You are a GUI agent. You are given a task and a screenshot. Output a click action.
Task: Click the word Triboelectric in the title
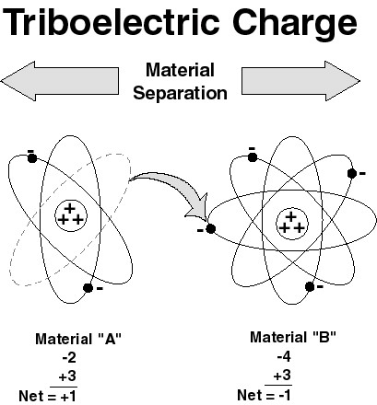point(112,22)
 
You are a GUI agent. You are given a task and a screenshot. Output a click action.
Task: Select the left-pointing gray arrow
point(60,81)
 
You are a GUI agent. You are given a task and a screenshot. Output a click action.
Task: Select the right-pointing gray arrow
point(300,81)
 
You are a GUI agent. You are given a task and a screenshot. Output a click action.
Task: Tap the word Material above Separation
point(180,70)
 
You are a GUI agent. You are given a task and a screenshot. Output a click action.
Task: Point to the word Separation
point(180,93)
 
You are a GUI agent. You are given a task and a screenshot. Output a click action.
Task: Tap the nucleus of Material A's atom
point(71,215)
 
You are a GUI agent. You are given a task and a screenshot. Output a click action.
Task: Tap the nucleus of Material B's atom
point(291,225)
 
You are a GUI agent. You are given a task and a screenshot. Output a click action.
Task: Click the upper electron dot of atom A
point(32,158)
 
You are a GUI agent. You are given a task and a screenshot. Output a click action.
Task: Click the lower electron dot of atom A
point(88,288)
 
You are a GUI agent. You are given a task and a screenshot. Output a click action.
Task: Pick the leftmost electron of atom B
point(210,229)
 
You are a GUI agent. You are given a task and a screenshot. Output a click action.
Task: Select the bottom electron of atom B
point(310,287)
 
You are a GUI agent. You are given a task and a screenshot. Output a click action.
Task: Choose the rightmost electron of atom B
point(352,174)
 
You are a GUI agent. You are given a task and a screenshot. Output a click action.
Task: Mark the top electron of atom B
point(253,157)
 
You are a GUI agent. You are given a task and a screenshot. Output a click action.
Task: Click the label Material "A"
point(78,339)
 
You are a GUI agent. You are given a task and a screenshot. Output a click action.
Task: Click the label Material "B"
point(293,337)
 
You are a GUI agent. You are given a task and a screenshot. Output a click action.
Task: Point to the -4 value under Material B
point(284,356)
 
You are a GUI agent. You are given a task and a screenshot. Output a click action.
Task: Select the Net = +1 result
point(47,396)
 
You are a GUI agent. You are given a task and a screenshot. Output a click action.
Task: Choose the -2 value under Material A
point(69,357)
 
